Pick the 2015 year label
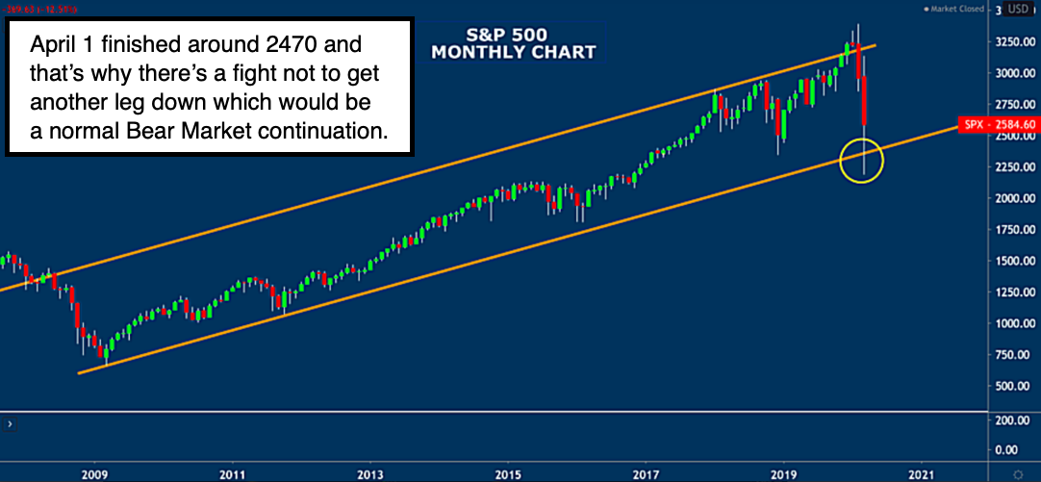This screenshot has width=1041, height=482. click(x=509, y=473)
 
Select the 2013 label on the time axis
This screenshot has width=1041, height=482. click(x=369, y=473)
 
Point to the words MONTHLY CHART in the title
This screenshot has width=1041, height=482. click(x=513, y=51)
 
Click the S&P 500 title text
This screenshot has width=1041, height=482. click(x=513, y=32)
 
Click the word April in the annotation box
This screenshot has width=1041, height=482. click(x=50, y=45)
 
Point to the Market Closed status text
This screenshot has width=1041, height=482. click(x=955, y=10)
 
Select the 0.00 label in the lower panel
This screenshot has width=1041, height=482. click(x=1008, y=449)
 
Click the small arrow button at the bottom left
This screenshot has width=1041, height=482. click(x=10, y=423)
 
